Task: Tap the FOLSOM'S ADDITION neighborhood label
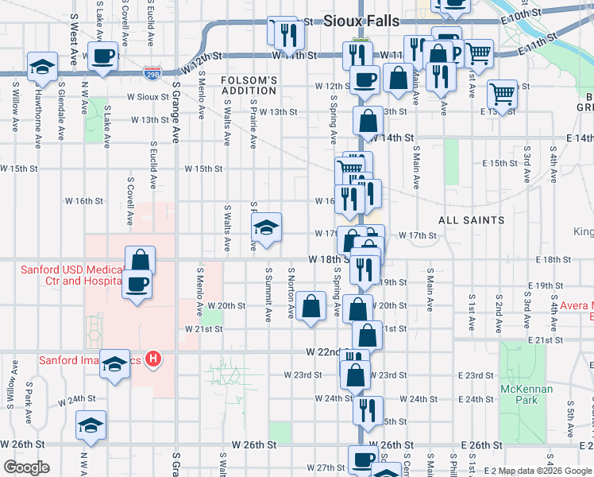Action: [249, 86]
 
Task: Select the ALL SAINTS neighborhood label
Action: [471, 219]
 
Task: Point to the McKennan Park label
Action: [519, 394]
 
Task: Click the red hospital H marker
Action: [154, 359]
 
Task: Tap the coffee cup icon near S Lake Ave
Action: [103, 56]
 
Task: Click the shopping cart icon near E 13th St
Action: [502, 94]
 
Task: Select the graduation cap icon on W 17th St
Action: [267, 227]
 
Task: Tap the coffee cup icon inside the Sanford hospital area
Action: [137, 284]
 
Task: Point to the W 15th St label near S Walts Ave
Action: [203, 169]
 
